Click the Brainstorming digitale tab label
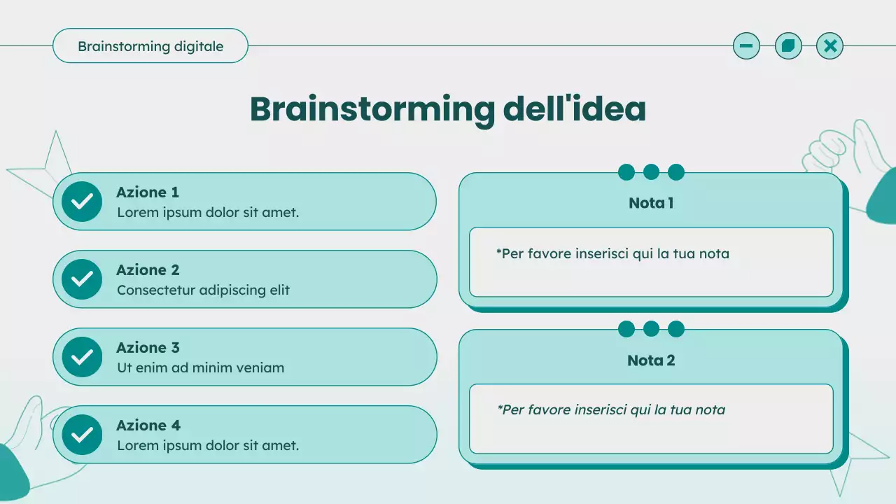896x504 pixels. point(150,46)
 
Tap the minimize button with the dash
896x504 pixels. point(746,46)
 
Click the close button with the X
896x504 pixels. point(830,46)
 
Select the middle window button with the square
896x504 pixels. point(788,46)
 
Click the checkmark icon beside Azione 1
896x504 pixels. point(82,202)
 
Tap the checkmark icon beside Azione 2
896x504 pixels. point(82,279)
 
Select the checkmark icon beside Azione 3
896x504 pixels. point(82,357)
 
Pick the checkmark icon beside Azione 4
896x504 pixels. point(82,435)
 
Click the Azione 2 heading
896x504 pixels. point(148,270)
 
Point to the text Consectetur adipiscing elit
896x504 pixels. point(203,290)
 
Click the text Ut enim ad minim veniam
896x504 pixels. point(200,367)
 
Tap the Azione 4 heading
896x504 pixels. point(148,426)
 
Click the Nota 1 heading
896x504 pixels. point(651,203)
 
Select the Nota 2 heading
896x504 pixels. point(651,360)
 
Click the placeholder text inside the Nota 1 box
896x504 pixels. point(612,253)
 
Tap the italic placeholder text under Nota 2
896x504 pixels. point(611,409)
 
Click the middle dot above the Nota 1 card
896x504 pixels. point(651,172)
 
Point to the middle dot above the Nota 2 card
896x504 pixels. point(651,329)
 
